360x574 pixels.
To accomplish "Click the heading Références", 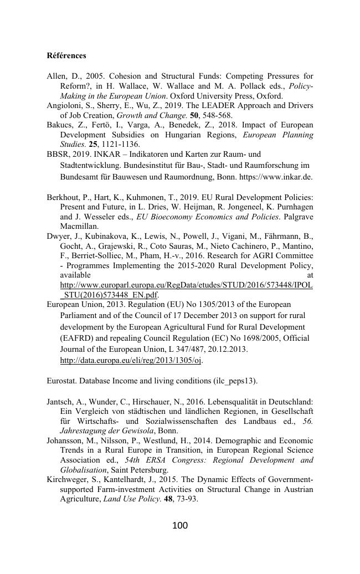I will pyautogui.click(x=66, y=56).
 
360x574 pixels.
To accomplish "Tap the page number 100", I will pyautogui.click(x=180, y=525).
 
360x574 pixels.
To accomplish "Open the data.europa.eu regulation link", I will pyautogui.click(x=131, y=360).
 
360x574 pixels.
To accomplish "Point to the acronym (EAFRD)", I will pyautogui.click(x=79, y=338).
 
